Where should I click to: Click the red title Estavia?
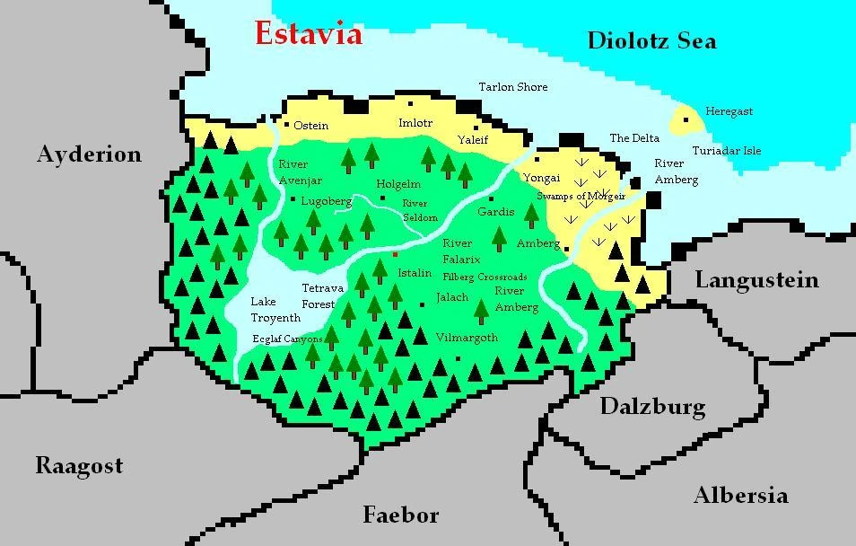coord(308,34)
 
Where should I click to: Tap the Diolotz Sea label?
coord(651,40)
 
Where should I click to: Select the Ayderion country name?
coord(89,154)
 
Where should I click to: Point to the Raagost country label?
coord(79,466)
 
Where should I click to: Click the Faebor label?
coord(400,515)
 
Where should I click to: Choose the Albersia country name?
coord(740,495)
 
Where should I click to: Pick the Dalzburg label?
coord(652,407)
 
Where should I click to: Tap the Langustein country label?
coord(756,280)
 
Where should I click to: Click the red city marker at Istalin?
coord(395,255)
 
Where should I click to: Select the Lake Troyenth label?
coord(275,310)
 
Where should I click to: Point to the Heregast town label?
coord(729,111)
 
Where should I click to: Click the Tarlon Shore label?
coord(512,87)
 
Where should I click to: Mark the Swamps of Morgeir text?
coord(581,196)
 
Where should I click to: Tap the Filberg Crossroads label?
coord(485,277)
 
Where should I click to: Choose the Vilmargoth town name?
coord(466,338)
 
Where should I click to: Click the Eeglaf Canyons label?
coord(287,339)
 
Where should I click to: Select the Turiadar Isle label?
coord(726,151)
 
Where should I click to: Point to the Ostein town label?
coord(311,126)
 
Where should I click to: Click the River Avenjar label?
coord(300,172)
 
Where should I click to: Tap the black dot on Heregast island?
coord(686,119)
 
